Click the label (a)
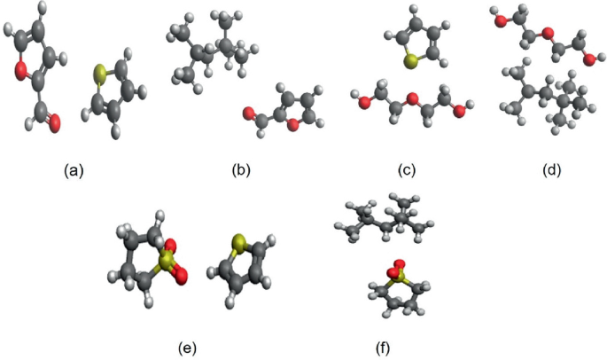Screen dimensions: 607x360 pyautogui.click(x=74, y=169)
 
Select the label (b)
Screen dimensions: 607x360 pyautogui.click(x=240, y=169)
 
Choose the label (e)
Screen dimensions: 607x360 pyautogui.click(x=186, y=346)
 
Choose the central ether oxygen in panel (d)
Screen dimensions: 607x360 pyautogui.click(x=549, y=34)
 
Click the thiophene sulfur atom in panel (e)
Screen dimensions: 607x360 pyautogui.click(x=237, y=244)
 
